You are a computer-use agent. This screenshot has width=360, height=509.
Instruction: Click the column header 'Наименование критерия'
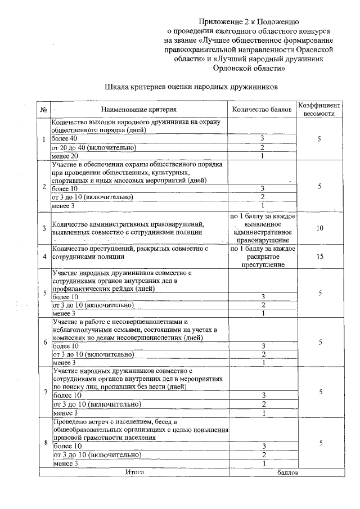(139, 110)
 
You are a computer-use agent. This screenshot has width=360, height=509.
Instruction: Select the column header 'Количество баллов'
(262, 110)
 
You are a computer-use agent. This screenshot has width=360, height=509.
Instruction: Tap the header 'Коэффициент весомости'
(319, 109)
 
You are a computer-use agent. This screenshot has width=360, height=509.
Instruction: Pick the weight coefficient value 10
(319, 229)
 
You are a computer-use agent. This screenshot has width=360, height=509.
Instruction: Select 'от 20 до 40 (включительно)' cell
(94, 147)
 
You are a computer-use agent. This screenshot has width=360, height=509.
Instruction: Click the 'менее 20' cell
(65, 156)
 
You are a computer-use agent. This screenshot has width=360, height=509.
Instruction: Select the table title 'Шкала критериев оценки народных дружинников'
(191, 88)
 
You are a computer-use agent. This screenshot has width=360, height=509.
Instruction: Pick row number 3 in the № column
(44, 228)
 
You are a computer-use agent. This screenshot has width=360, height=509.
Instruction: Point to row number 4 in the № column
(44, 256)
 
